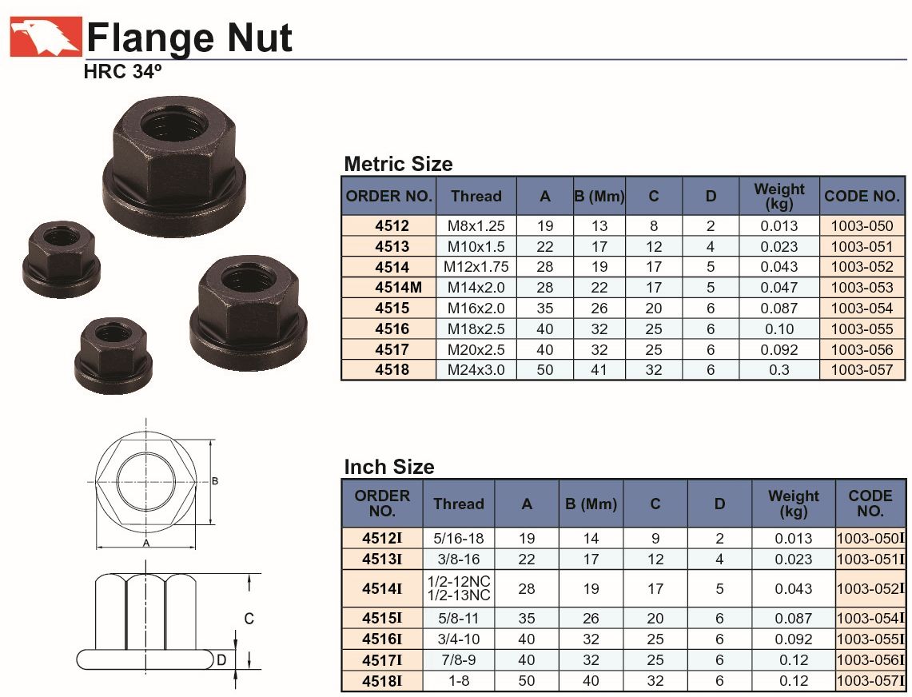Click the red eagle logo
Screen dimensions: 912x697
coord(46,37)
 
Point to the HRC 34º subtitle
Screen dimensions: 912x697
coord(122,72)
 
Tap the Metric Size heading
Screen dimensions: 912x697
coord(398,164)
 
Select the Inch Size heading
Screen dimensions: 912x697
coord(389,467)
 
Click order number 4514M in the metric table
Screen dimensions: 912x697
coord(398,288)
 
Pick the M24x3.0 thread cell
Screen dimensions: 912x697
coord(476,370)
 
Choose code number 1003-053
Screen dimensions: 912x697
coord(862,288)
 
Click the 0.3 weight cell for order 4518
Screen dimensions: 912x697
coord(779,370)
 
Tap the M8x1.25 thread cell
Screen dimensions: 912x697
coord(476,225)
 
